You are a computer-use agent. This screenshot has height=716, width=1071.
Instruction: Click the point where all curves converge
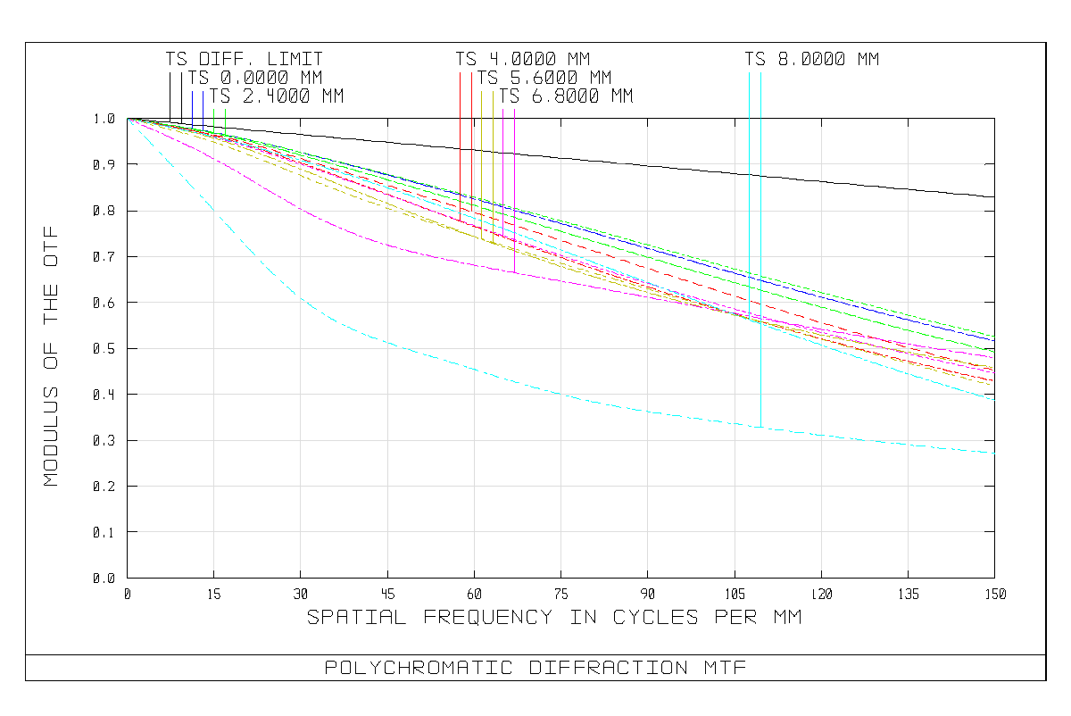[129, 119]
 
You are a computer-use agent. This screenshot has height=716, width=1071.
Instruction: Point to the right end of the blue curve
[994, 339]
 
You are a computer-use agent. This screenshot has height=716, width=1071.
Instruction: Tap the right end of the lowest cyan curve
[994, 454]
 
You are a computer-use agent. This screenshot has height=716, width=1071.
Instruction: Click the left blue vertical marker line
[192, 107]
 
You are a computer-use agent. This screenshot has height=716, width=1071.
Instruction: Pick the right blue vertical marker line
[203, 107]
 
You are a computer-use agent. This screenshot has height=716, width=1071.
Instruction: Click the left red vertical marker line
[460, 134]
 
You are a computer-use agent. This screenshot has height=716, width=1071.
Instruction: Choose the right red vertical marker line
[471, 134]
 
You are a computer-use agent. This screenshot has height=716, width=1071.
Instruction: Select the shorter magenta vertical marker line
[502, 161]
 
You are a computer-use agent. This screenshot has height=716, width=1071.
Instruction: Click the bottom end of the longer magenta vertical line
[514, 271]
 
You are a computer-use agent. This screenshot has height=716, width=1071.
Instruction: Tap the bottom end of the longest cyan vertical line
[760, 427]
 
